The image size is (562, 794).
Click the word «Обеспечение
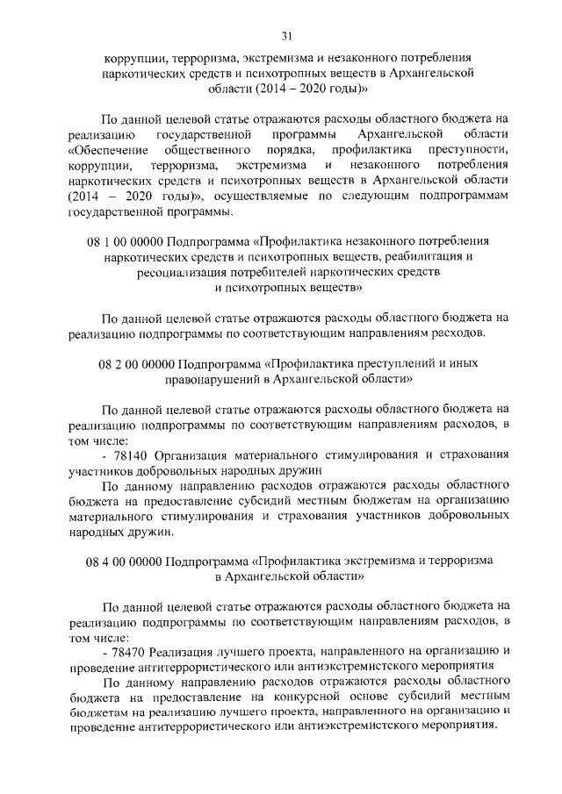pos(109,150)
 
